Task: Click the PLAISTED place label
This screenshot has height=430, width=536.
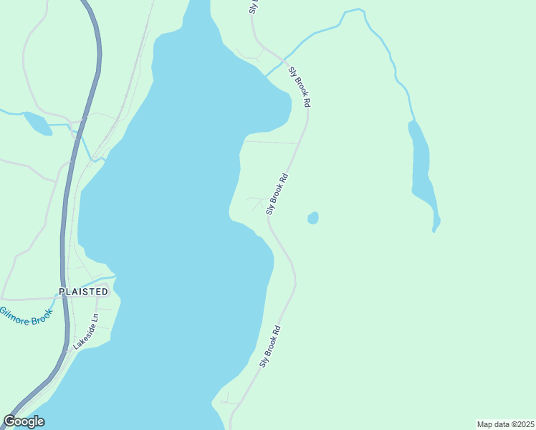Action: point(84,292)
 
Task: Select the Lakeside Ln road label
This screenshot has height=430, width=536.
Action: point(85,331)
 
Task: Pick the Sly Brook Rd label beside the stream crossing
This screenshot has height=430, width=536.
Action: point(300,87)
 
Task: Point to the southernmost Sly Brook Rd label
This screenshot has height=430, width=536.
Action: point(269,347)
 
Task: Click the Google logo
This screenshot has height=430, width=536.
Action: point(24,421)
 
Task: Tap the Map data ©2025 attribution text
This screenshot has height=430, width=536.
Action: point(504,424)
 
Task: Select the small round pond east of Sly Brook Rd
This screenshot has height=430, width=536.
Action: point(313,218)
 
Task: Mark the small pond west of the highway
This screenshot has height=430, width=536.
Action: point(37,123)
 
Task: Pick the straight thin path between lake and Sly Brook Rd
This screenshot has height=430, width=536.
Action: point(271,142)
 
